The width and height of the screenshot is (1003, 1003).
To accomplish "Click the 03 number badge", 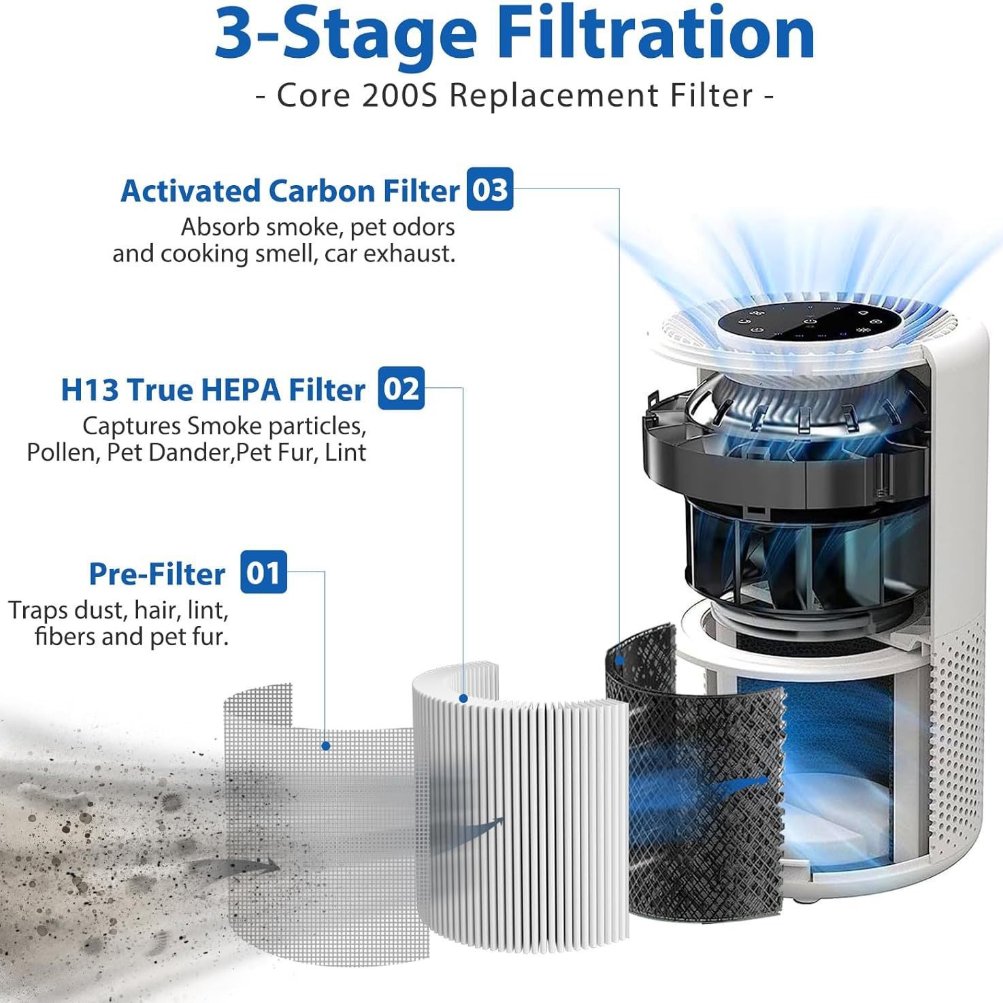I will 489,190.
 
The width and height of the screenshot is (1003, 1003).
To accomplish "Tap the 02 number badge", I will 401,389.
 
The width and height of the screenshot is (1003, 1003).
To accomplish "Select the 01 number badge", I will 263,573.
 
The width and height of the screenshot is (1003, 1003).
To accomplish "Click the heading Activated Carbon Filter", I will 290,191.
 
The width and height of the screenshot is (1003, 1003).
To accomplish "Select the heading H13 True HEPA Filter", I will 213,390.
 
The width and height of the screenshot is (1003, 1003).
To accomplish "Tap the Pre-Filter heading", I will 157,574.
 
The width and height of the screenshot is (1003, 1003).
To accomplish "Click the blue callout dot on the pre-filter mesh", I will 326,746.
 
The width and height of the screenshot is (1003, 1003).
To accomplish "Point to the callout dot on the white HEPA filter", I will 463,698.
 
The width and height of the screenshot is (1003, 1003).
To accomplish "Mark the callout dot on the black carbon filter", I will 619,659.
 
